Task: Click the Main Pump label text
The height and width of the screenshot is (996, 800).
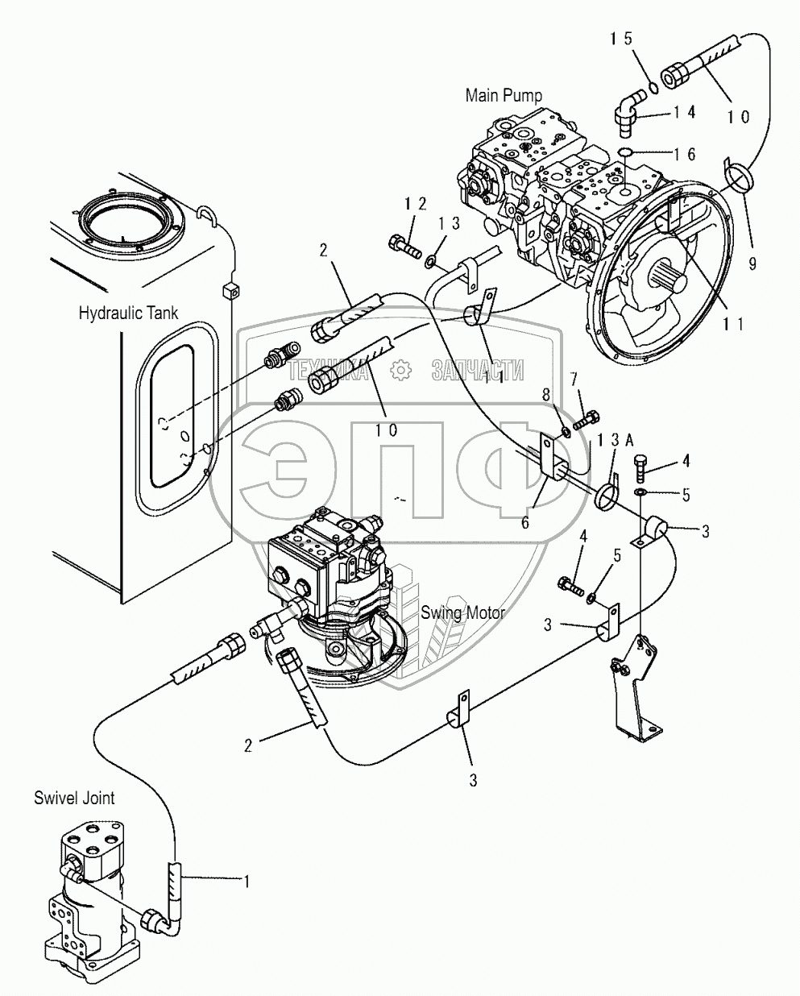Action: (x=504, y=95)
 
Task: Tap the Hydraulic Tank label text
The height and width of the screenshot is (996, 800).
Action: (x=128, y=312)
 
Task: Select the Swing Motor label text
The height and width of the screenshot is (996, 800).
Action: (x=462, y=612)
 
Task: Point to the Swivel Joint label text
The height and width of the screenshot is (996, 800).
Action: (x=74, y=798)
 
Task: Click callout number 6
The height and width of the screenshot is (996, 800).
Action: (x=524, y=521)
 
